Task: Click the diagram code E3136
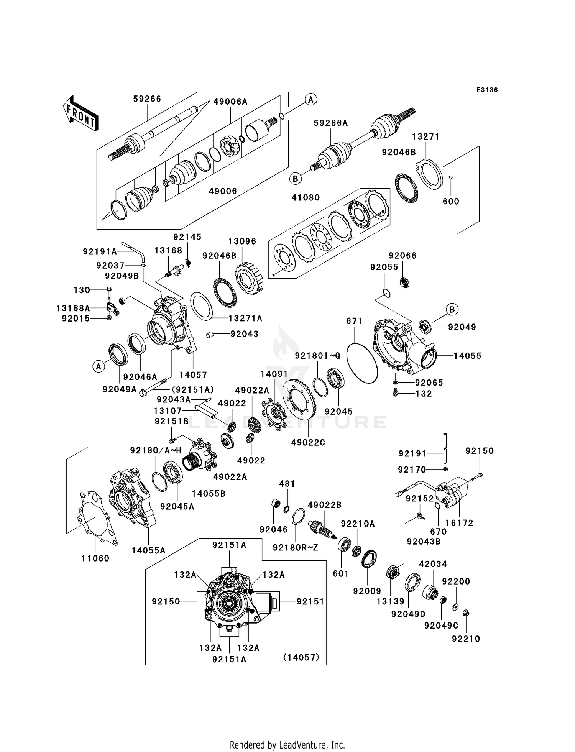tap(487, 90)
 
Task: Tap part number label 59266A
tap(330, 123)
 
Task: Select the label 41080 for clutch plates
tap(306, 198)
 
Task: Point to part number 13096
tap(242, 241)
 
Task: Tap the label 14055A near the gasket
tap(148, 551)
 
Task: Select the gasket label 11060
tap(95, 558)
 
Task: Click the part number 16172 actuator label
tap(459, 523)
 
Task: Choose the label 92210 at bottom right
tap(466, 639)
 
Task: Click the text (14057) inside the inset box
tap(301, 658)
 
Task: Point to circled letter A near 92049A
tap(99, 367)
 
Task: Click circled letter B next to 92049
tap(452, 309)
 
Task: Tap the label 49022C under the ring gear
tap(308, 442)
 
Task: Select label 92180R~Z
tap(295, 548)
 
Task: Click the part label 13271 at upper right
tap(426, 137)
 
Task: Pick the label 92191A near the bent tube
tap(100, 252)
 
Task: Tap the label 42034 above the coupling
tap(433, 564)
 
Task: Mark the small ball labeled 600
tap(451, 177)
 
